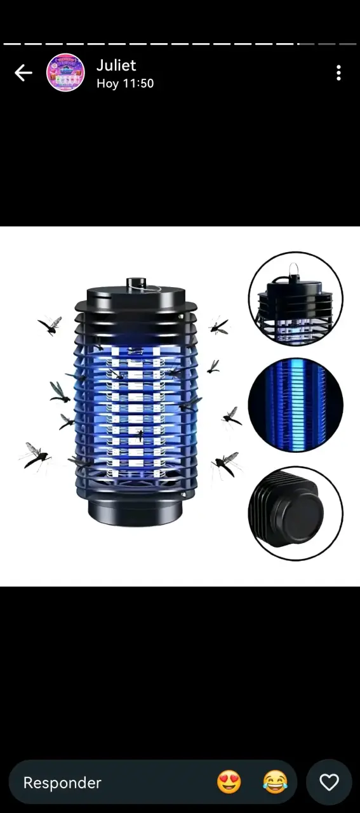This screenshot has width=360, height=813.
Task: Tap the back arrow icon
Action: point(23,72)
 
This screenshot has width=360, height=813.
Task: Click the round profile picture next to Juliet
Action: point(65,72)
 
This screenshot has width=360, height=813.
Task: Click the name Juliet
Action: point(116,65)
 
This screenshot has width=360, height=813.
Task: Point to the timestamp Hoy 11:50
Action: point(125,83)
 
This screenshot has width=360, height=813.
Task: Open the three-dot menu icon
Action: point(338,73)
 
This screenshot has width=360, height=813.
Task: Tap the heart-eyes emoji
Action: point(229,782)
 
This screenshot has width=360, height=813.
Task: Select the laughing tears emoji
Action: point(275,782)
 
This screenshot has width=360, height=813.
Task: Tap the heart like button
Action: point(329,782)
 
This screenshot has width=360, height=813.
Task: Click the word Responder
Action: point(62,783)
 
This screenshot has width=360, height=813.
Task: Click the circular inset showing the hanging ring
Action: point(296,299)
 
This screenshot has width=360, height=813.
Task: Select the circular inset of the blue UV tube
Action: point(296,405)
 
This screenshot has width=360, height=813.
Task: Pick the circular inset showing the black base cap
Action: point(296,513)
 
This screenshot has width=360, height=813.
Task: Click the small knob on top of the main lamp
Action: point(136,283)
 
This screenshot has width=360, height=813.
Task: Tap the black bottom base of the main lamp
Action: point(135,512)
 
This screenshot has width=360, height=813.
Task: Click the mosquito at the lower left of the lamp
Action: point(35,457)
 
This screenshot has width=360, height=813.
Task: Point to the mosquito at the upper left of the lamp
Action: point(50,325)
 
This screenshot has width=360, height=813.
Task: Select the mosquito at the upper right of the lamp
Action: point(219,326)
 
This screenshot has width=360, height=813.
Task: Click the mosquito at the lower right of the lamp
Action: point(225,464)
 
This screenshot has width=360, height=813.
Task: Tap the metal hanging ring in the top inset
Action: point(294,269)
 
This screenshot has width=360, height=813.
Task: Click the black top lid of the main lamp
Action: point(136,299)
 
